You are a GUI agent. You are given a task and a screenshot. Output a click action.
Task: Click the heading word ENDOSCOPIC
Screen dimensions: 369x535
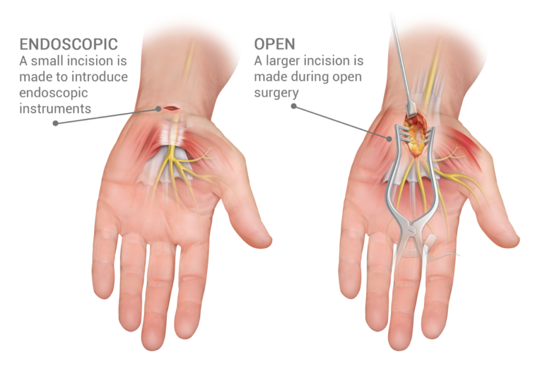pos(68,44)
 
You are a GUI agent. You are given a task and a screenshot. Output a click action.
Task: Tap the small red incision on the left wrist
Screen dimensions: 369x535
pos(171,108)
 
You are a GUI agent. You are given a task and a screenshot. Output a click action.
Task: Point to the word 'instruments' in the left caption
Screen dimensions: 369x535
pos(55,109)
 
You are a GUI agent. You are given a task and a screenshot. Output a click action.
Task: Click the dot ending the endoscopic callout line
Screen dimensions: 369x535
pos(55,124)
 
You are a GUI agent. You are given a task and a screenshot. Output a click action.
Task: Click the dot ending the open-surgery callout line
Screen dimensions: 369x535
pos(294,106)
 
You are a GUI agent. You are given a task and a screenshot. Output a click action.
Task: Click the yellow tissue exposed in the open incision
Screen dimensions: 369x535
pos(417,137)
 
